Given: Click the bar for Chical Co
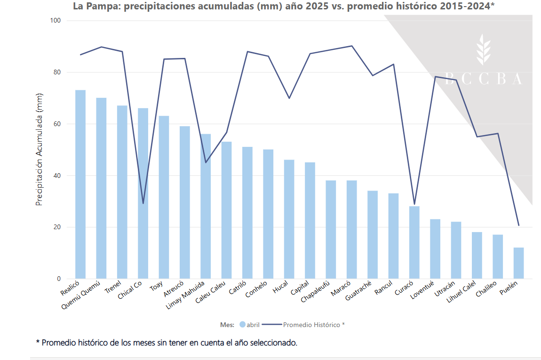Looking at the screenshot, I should (143, 193).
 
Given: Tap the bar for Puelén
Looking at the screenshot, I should (518, 263).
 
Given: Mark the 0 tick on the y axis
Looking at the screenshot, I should (59, 279).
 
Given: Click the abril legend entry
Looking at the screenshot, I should (249, 325).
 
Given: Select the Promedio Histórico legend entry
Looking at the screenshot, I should (313, 325).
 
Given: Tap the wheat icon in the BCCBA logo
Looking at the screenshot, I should (483, 49).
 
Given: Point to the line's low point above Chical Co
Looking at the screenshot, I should (143, 203).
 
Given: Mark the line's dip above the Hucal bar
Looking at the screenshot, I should (289, 98).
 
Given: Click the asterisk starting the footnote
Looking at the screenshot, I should (38, 342).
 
